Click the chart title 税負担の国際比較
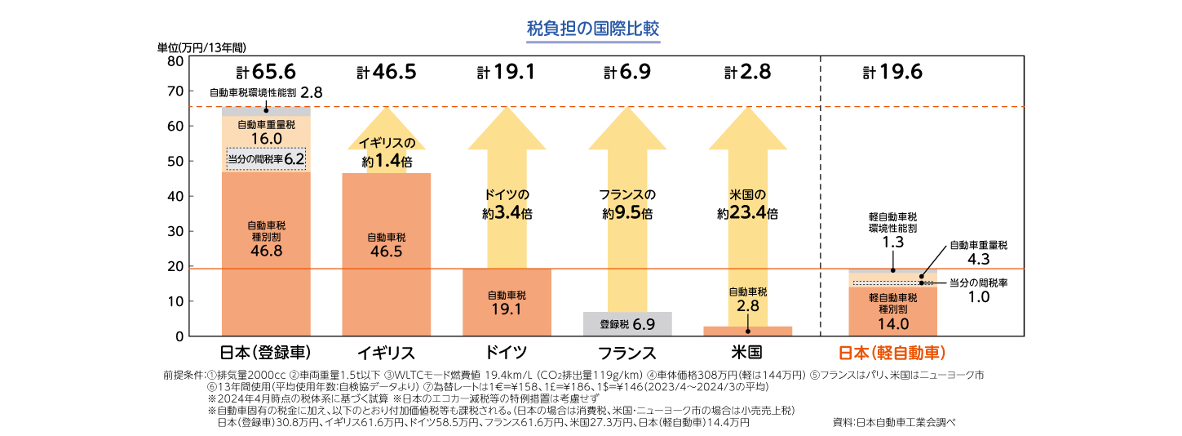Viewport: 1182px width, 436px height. pyautogui.click(x=593, y=29)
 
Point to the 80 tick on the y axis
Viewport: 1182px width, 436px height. pyautogui.click(x=175, y=61)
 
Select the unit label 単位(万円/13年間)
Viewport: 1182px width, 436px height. pyautogui.click(x=201, y=47)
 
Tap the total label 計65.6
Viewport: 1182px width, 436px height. pyautogui.click(x=265, y=73)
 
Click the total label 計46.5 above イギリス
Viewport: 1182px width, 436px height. pyautogui.click(x=387, y=73)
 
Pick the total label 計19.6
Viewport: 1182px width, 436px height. pyautogui.click(x=892, y=73)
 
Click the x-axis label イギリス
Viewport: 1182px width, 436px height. pyautogui.click(x=386, y=353)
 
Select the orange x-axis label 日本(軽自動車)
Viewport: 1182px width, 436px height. pyautogui.click(x=892, y=353)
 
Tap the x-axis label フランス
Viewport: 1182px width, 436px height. pyautogui.click(x=627, y=353)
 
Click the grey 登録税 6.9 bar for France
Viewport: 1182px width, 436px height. pyautogui.click(x=627, y=324)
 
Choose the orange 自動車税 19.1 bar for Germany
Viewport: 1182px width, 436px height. pyautogui.click(x=507, y=302)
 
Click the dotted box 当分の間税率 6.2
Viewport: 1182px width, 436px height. pyautogui.click(x=266, y=159)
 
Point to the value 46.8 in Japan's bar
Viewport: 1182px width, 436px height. pyautogui.click(x=266, y=251)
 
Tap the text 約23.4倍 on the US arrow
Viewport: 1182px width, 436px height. pyautogui.click(x=747, y=214)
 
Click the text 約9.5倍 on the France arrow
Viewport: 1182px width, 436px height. pyautogui.click(x=627, y=214)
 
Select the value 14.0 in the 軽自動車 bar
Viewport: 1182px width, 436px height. pyautogui.click(x=892, y=324)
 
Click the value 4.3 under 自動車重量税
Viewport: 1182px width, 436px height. pyautogui.click(x=978, y=259)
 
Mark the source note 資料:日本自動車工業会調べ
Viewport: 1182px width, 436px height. pyautogui.click(x=892, y=423)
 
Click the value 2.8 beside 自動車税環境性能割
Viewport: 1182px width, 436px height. pyautogui.click(x=312, y=92)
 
